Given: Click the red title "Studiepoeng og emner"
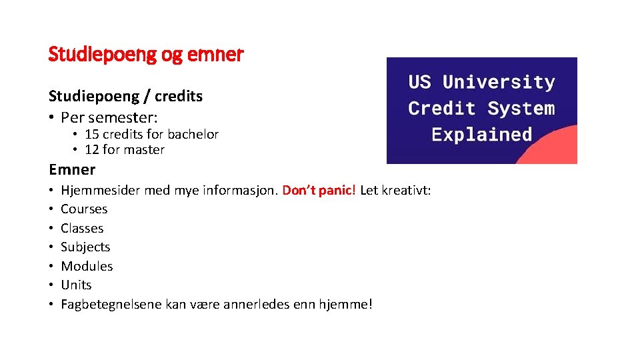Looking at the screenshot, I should pos(146,54).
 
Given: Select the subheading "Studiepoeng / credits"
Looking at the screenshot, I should pos(125,96).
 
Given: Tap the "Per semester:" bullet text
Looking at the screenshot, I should pos(109,117).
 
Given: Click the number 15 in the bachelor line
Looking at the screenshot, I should pos(92,134).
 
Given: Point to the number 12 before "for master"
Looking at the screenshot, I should pos(92,150).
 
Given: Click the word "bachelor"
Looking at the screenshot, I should pos(193,134).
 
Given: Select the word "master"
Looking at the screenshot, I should pos(144,150).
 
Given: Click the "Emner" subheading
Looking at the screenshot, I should pos(72,169).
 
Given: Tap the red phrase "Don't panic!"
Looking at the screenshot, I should pos(319,191).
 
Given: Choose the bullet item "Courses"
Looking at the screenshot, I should pos(84,209).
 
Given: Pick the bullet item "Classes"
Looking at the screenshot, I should pos(82,228).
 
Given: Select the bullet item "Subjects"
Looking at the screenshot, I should pos(85,247).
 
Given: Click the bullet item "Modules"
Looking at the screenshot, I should pos(87,266).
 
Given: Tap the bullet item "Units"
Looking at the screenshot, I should pos(76,285).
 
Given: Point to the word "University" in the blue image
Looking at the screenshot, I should pos(499,83).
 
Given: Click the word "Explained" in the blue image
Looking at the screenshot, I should pos(481,134).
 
